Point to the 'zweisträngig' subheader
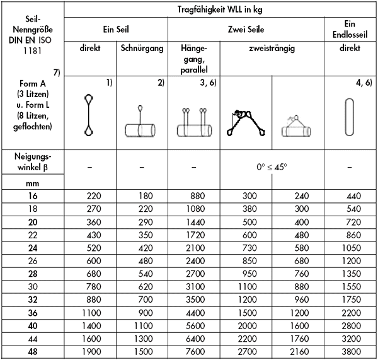click(x=272, y=48)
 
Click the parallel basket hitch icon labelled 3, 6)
click(x=193, y=123)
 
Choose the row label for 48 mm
click(x=33, y=351)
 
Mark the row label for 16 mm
click(x=33, y=196)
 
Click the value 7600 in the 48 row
click(x=193, y=351)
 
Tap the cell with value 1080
click(x=193, y=209)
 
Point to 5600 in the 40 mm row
click(x=193, y=325)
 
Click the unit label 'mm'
click(x=33, y=183)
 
